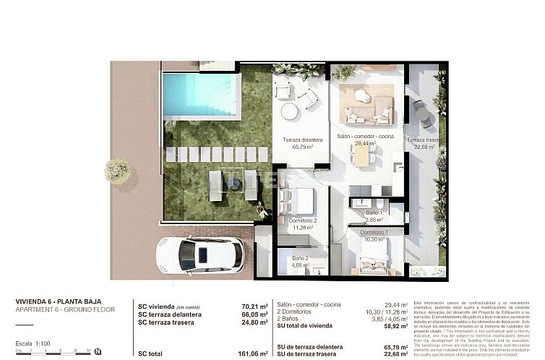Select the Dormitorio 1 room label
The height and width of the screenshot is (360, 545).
click(374, 232)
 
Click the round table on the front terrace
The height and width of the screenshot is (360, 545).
click(289, 111)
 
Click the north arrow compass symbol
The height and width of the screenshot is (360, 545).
click(98, 352)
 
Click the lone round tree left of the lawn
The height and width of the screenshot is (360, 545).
click(117, 171)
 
